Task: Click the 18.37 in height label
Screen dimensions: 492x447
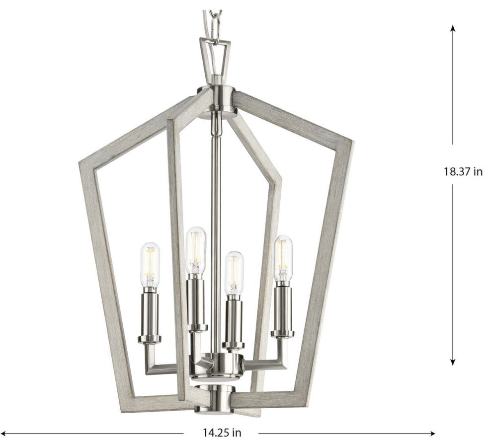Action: point(463,171)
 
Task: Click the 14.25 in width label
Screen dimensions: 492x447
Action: point(222,433)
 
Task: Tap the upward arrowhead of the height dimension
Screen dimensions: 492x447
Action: point(452,28)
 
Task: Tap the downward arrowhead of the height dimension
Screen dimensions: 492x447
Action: point(452,362)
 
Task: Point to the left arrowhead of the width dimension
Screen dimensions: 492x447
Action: point(4,434)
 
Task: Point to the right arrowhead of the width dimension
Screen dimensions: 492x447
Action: point(432,434)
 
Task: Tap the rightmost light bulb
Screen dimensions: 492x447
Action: point(284,258)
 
